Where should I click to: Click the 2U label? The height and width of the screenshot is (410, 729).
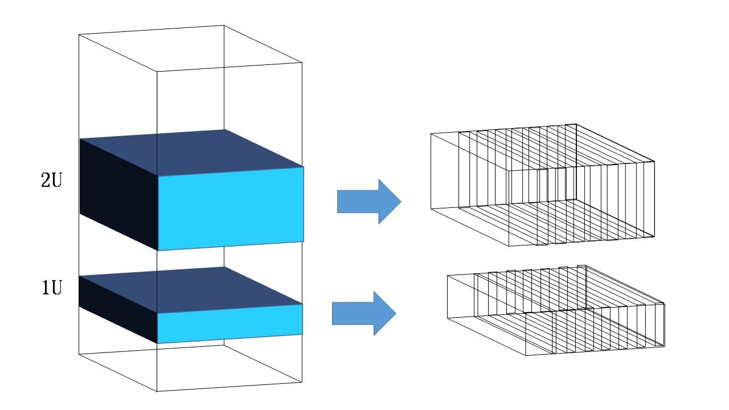coord(51,180)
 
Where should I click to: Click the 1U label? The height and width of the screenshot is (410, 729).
coord(52,288)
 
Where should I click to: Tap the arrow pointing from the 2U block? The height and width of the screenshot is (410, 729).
coord(369,202)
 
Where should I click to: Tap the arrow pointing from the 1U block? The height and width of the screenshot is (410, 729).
coord(364,313)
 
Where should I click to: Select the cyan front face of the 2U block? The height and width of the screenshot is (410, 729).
coord(231,209)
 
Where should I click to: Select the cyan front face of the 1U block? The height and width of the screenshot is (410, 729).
coord(230,324)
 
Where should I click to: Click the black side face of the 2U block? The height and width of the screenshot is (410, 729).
coord(119,195)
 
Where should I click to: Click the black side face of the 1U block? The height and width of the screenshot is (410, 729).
coord(118,309)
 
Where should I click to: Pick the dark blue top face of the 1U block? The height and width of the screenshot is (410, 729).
coord(191,290)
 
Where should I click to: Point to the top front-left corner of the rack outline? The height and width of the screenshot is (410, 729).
coord(79,35)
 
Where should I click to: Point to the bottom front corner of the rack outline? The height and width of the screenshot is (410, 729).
coord(157,391)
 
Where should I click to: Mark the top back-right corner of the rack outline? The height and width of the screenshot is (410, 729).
coord(302,62)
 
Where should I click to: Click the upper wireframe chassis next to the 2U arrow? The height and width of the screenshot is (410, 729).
coord(543,185)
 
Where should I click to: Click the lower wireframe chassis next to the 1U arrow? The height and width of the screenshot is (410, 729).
coord(556,310)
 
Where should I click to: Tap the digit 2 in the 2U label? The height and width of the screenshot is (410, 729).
coord(46,180)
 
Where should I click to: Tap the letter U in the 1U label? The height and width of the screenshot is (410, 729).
coord(56,288)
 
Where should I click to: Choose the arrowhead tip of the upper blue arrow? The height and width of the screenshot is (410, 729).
coord(402,202)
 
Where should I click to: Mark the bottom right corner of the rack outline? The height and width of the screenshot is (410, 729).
coord(302,382)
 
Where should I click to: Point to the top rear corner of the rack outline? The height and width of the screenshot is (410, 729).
coord(224,25)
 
